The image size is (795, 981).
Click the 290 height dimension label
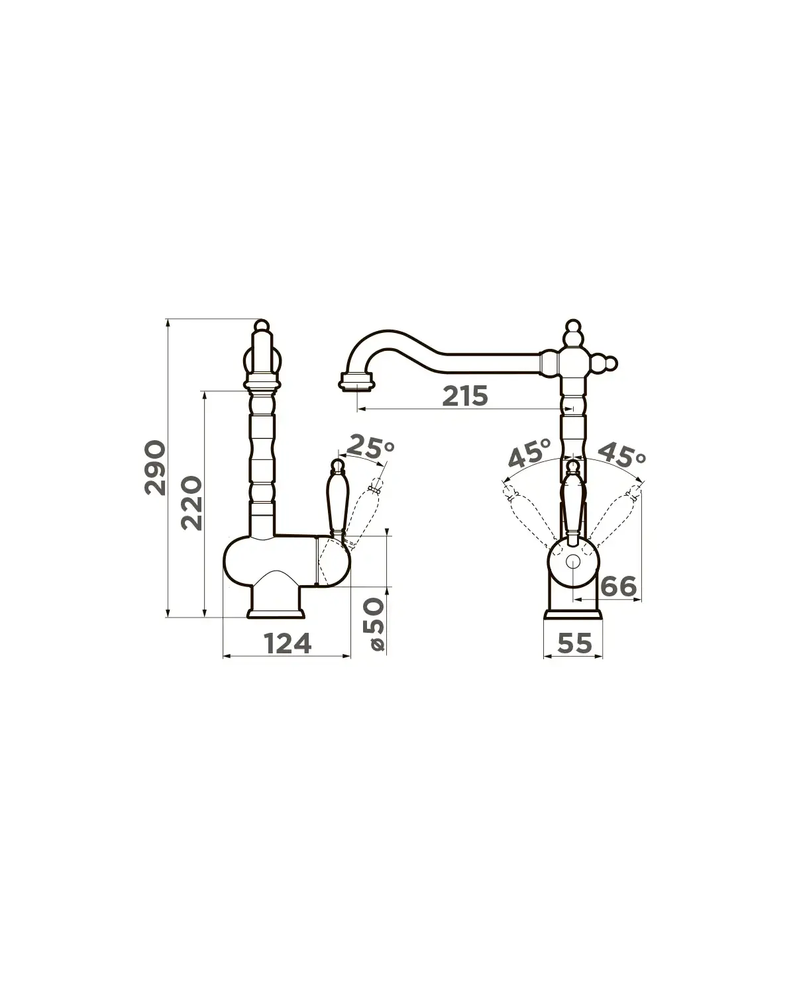click(155, 467)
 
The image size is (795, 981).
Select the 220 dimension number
click(191, 503)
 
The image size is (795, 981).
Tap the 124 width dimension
click(288, 643)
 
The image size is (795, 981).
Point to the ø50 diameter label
click(373, 625)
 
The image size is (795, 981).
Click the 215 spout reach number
click(464, 396)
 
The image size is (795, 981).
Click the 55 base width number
click(574, 643)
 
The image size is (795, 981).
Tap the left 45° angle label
click(530, 453)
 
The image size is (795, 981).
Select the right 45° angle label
click(622, 455)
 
